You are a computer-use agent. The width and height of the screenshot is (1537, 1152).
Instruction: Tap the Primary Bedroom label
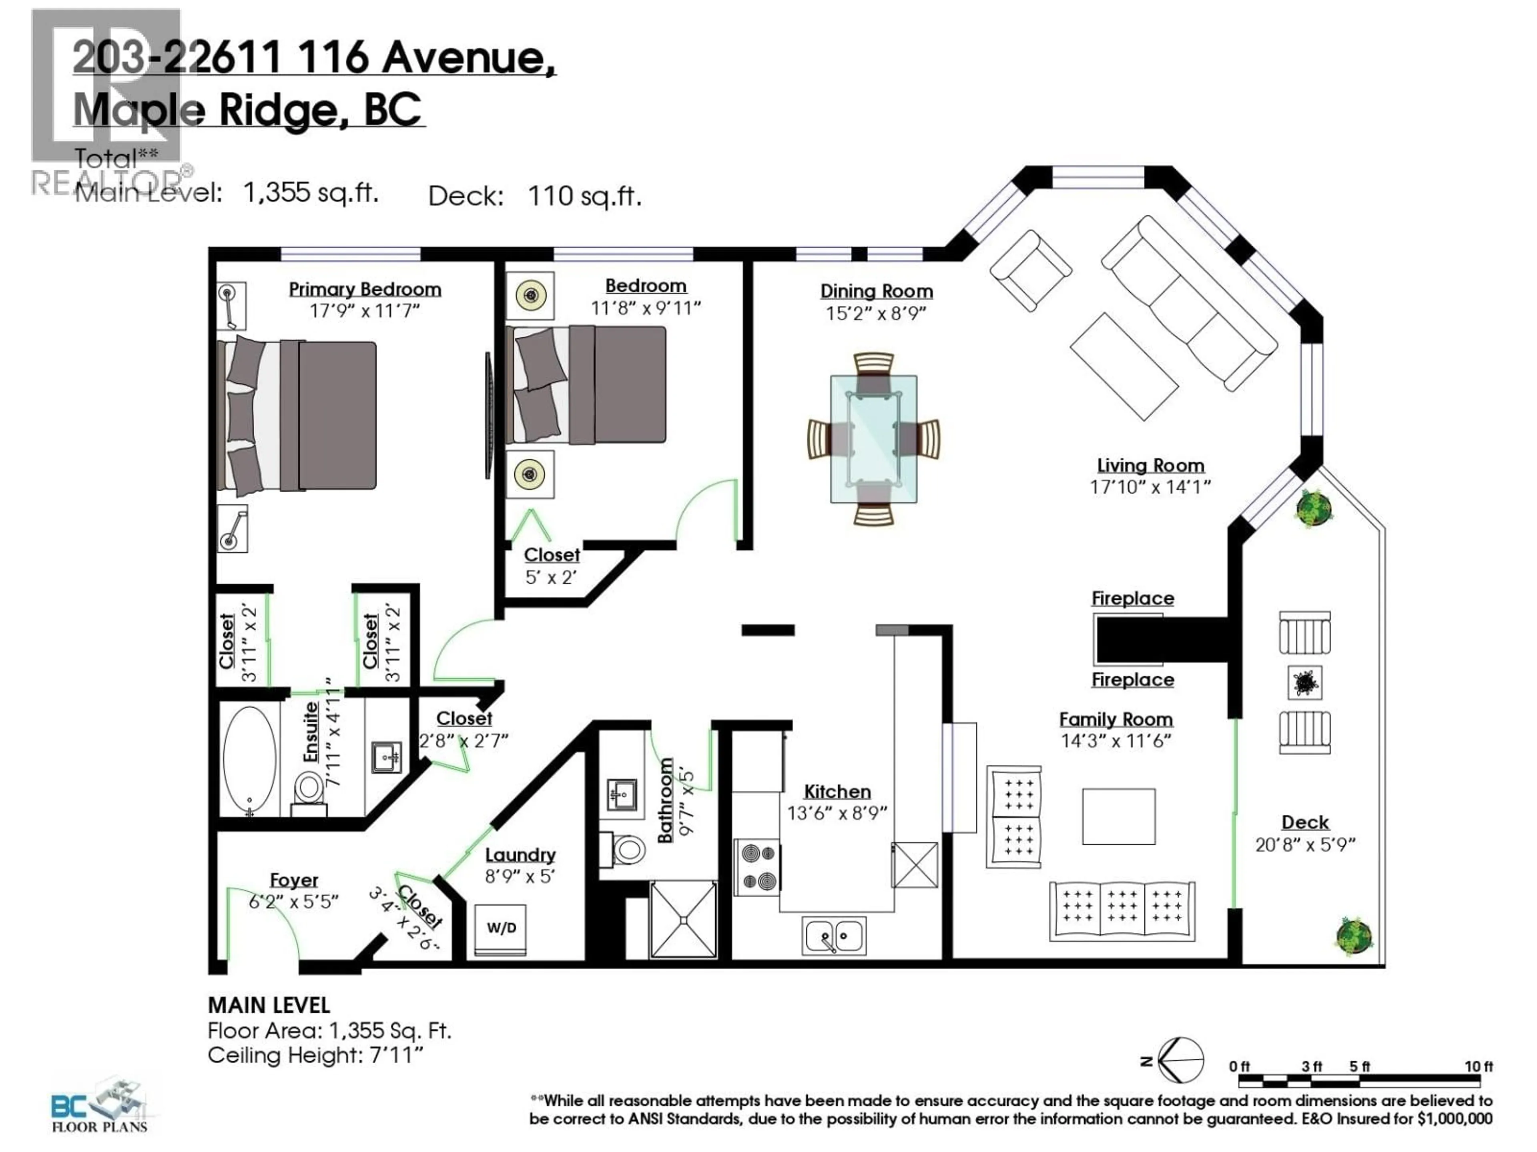tap(365, 290)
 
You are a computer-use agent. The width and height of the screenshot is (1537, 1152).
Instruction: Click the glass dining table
tap(873, 439)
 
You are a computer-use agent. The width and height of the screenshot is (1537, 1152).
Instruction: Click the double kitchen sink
tap(834, 936)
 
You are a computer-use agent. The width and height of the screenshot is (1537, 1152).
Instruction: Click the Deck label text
tap(1305, 822)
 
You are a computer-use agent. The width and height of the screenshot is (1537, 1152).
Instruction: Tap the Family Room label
tap(1115, 719)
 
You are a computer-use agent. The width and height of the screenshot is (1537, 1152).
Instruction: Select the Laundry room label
tap(520, 855)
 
